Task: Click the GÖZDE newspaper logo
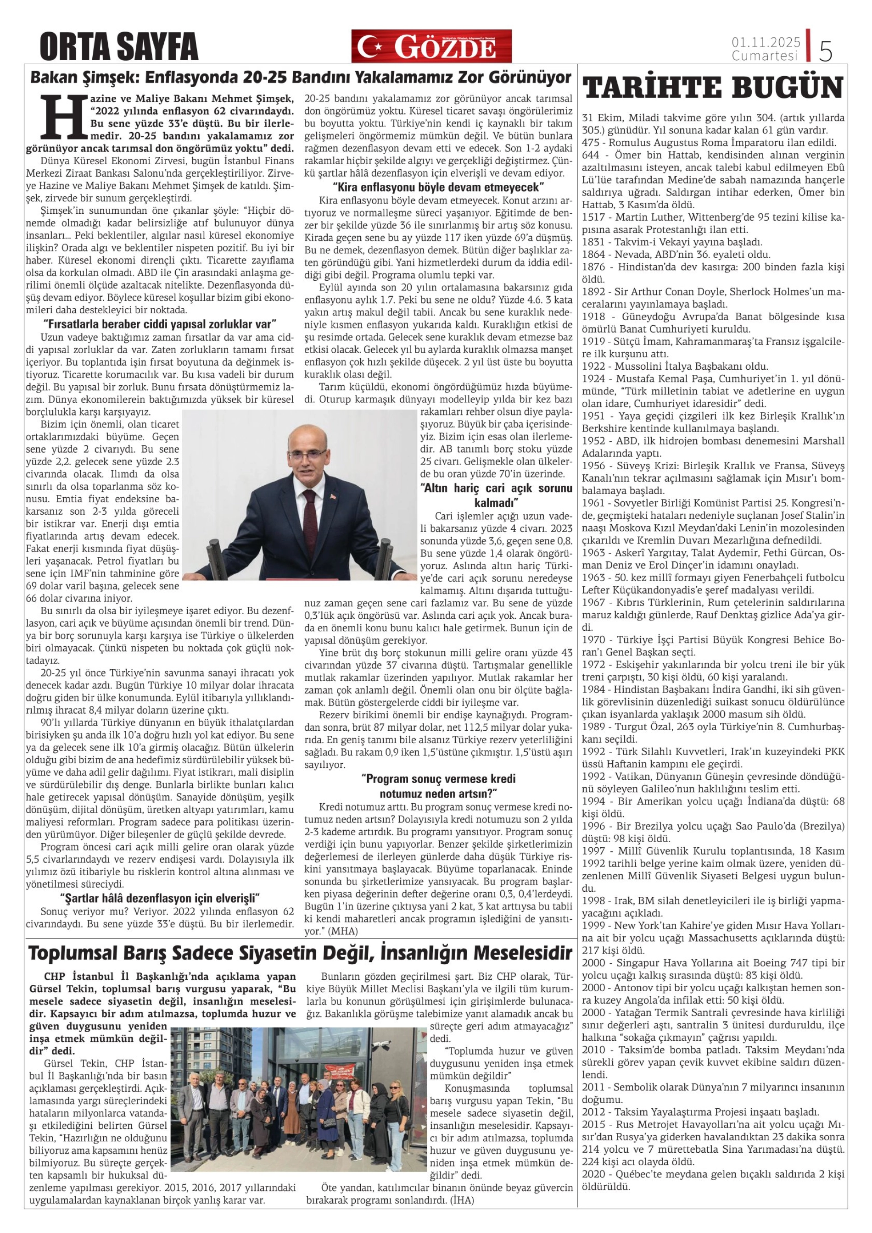(431, 46)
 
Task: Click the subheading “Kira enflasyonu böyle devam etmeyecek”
(438, 188)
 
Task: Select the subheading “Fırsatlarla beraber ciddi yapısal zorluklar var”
(160, 324)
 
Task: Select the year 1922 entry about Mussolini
(594, 367)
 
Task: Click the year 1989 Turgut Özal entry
(594, 727)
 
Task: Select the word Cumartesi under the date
(765, 56)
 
